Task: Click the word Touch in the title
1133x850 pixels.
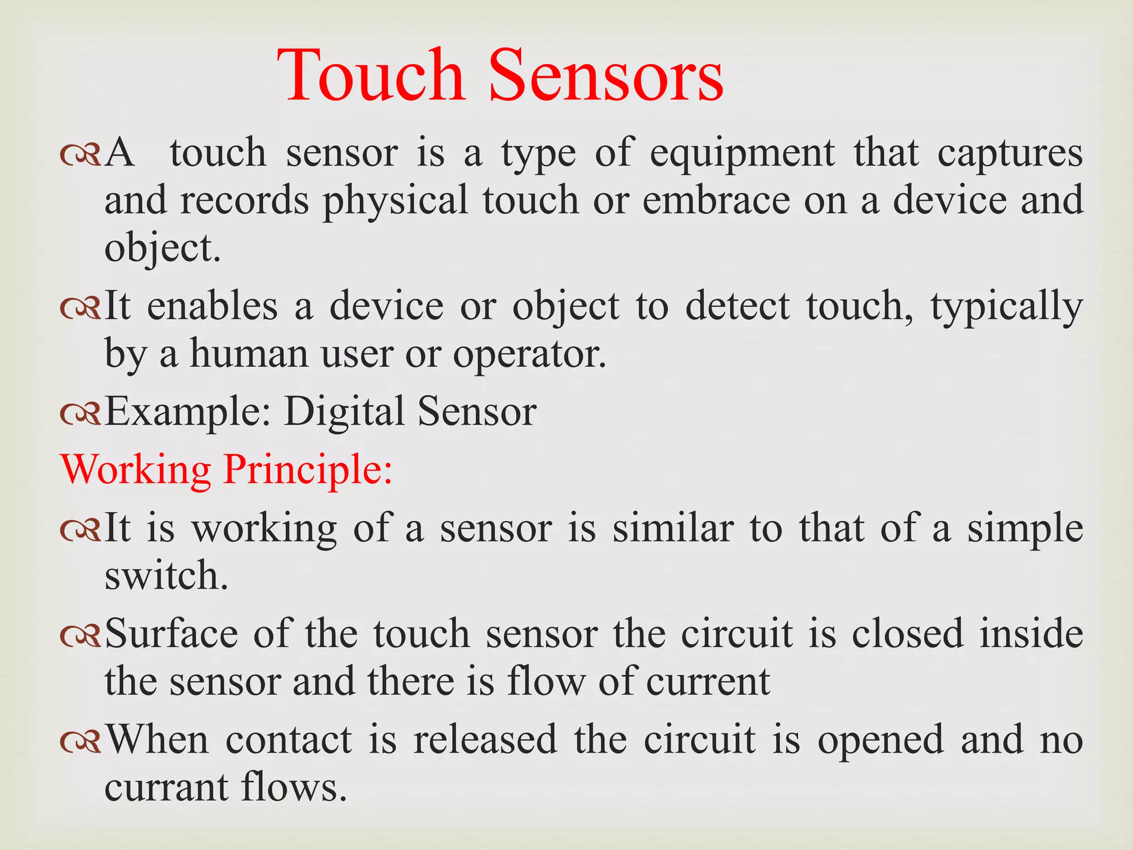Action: click(x=371, y=76)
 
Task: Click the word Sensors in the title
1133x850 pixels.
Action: click(x=606, y=76)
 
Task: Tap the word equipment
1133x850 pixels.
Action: click(x=742, y=153)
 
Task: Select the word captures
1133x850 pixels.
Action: click(x=1010, y=153)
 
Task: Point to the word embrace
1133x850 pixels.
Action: click(x=716, y=200)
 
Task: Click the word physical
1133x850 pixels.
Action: click(x=396, y=201)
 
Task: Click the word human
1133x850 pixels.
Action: click(x=249, y=354)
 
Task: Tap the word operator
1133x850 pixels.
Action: click(x=529, y=355)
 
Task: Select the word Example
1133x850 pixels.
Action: click(x=188, y=413)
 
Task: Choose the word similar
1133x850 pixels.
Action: click(x=673, y=528)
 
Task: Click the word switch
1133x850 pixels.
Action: click(x=166, y=576)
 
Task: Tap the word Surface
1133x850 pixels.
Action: click(x=171, y=633)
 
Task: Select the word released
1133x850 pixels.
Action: click(x=485, y=739)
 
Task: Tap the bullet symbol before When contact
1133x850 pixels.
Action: click(x=81, y=740)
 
